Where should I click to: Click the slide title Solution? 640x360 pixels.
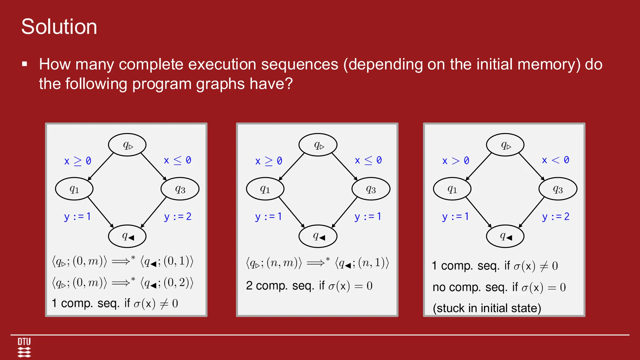point(59,27)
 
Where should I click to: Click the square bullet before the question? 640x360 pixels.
point(25,64)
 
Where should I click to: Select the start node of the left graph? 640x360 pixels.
point(127,145)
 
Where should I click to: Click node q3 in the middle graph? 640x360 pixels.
point(371,189)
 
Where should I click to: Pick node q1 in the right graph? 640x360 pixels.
point(452,189)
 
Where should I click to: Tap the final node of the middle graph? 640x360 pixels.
point(318,236)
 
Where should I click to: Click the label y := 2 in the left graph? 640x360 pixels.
point(177,217)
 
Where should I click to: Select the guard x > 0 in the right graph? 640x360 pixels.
point(455,161)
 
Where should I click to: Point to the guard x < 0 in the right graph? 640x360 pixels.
point(555,160)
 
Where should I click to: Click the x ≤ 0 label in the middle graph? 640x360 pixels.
point(368,160)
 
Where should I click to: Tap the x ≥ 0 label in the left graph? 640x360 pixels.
point(77,161)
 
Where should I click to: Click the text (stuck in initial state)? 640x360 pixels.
point(487,308)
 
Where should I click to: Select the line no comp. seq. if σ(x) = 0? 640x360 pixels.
point(499,287)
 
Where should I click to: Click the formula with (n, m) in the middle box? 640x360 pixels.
point(317,263)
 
